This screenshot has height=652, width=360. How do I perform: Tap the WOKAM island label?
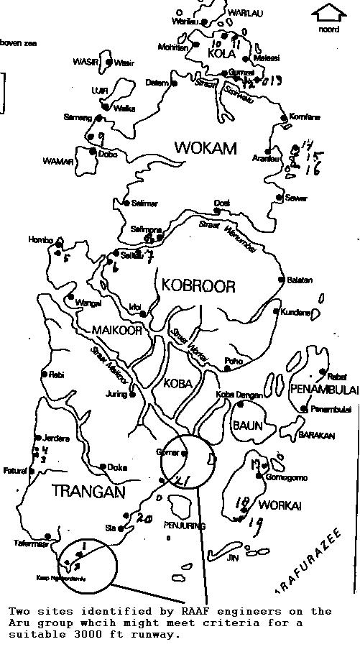tap(205, 149)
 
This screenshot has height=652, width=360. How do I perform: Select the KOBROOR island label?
tap(198, 286)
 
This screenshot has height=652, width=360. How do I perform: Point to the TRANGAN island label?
tap(88, 492)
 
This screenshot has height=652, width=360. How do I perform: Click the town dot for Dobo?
tap(93, 152)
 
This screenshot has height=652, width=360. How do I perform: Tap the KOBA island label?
tap(177, 383)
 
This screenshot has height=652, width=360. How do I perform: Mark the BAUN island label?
tap(246, 426)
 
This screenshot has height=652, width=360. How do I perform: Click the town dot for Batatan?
tap(281, 280)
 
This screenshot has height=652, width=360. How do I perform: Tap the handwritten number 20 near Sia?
tap(144, 518)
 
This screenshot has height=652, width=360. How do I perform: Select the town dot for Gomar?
tap(185, 453)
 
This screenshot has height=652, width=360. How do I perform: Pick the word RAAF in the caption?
tap(188, 612)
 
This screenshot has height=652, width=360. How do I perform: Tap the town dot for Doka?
tap(103, 467)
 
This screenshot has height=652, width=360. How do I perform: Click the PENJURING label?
tap(184, 526)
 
